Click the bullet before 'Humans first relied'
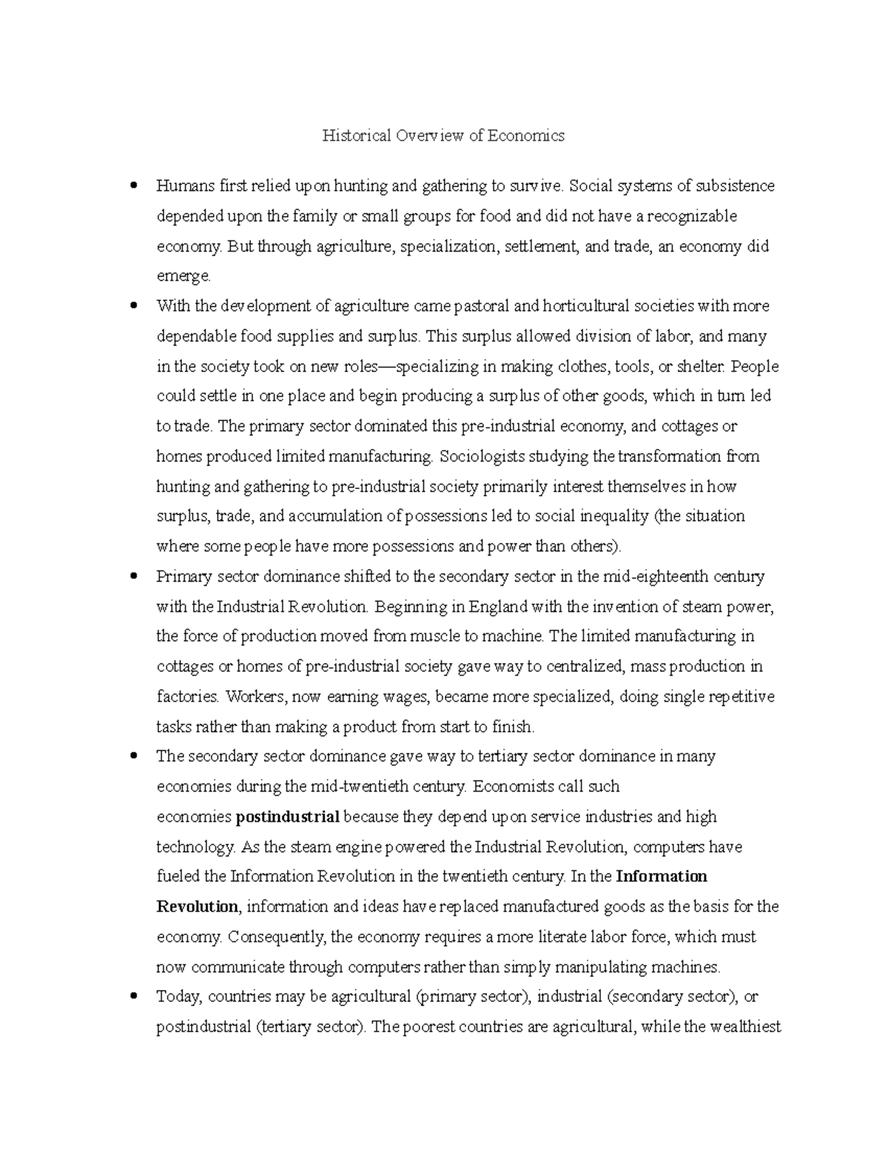[x=133, y=185]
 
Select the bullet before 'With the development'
[x=133, y=305]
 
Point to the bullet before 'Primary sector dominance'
[x=133, y=576]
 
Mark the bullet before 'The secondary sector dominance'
[x=133, y=756]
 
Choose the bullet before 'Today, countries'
[x=133, y=997]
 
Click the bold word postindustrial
[x=288, y=817]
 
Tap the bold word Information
[x=662, y=877]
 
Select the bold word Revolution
[x=197, y=907]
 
